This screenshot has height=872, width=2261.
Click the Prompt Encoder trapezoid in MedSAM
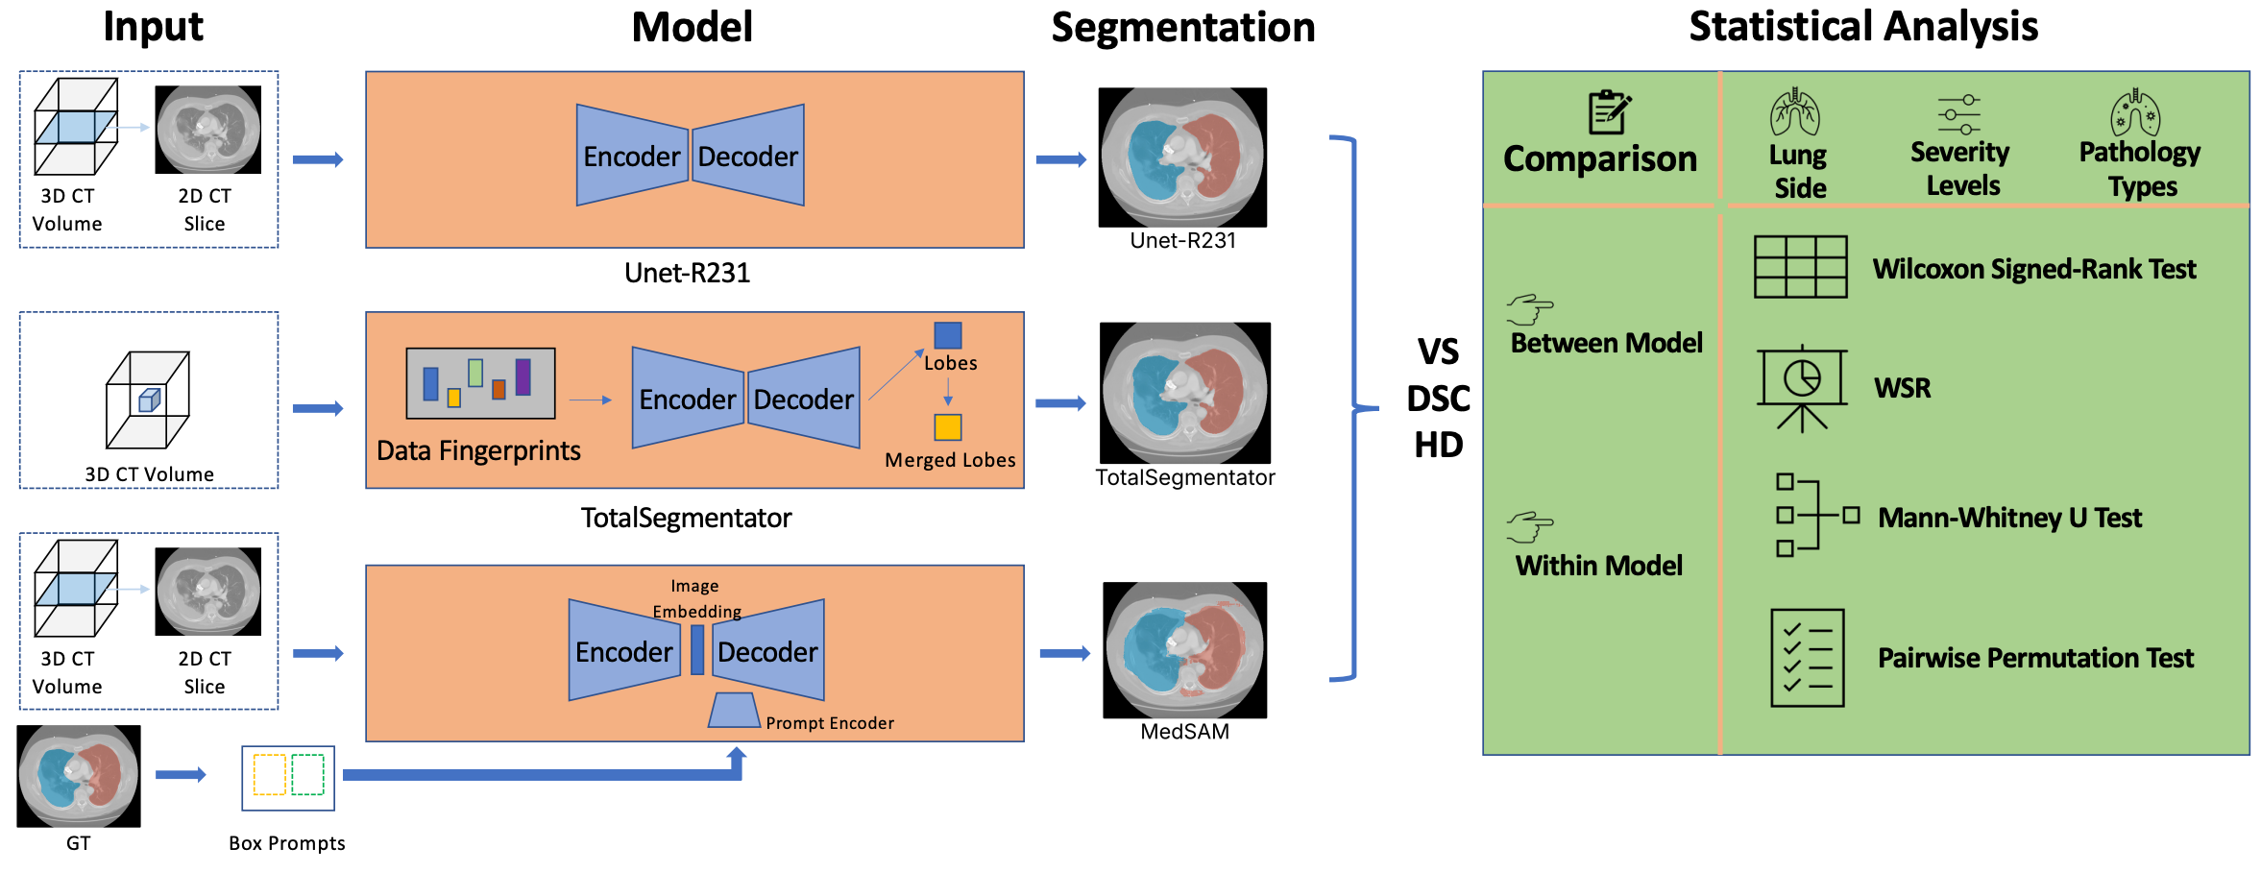pyautogui.click(x=735, y=710)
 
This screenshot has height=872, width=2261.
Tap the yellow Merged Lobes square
pyautogui.click(x=948, y=426)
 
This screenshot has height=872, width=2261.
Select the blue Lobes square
pyautogui.click(x=948, y=335)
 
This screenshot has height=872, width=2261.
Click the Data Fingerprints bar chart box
pyautogui.click(x=480, y=383)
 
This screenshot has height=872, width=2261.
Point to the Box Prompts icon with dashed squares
pyautogui.click(x=288, y=777)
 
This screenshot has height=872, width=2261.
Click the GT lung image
pyautogui.click(x=79, y=776)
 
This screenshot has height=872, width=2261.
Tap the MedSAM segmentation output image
pyautogui.click(x=1184, y=650)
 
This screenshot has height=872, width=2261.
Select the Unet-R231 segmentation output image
pyautogui.click(x=1182, y=157)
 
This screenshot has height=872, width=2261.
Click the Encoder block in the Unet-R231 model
pyautogui.click(x=632, y=156)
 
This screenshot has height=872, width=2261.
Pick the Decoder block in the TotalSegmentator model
pyautogui.click(x=804, y=398)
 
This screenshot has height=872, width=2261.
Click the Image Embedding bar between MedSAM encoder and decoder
pyautogui.click(x=697, y=650)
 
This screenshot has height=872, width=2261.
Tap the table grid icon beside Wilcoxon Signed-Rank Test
pyautogui.click(x=1800, y=267)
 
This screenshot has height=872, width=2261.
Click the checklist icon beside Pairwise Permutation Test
pyautogui.click(x=1807, y=658)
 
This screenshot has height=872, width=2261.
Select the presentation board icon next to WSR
pyautogui.click(x=1802, y=387)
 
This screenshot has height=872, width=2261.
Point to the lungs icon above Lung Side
pyautogui.click(x=1794, y=112)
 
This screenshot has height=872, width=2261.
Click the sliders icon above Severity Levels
pyautogui.click(x=1958, y=114)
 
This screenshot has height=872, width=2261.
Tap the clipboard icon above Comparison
pyautogui.click(x=1609, y=112)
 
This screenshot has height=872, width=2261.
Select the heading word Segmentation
pyautogui.click(x=1183, y=27)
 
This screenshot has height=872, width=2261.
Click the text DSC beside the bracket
pyautogui.click(x=1439, y=399)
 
